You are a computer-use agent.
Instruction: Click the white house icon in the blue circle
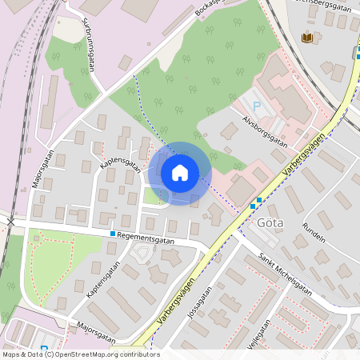coord(179,172)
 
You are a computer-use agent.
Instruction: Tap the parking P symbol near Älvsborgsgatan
coord(257,106)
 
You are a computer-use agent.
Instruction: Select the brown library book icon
coord(307,38)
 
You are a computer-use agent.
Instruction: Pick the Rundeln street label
coord(314,231)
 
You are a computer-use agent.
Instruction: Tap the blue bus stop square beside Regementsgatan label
coord(113,234)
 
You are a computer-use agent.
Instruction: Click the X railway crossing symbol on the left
coord(11,219)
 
